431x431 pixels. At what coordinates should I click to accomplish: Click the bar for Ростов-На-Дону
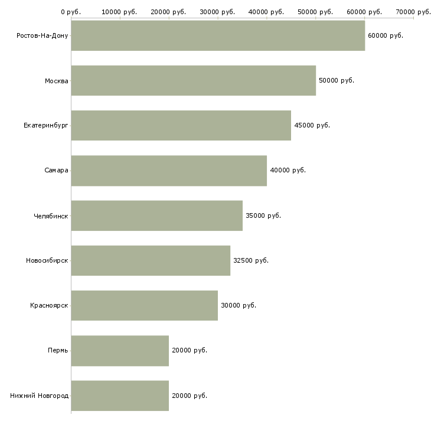click(218, 35)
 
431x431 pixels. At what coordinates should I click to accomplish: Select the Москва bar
click(194, 80)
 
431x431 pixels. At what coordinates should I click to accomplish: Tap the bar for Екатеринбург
click(181, 125)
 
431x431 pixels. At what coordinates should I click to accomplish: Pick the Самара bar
click(169, 171)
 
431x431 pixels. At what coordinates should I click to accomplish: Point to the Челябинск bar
click(157, 215)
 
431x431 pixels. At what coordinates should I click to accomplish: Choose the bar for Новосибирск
click(151, 260)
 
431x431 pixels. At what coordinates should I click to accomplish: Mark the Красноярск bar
click(145, 305)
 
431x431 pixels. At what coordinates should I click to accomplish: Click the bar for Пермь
click(120, 351)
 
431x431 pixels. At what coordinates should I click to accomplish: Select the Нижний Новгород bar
click(120, 396)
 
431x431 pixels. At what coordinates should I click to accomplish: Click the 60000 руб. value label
click(385, 35)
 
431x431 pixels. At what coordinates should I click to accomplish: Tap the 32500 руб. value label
click(251, 260)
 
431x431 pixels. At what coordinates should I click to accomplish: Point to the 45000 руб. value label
click(312, 125)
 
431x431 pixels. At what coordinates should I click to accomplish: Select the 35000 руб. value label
click(263, 215)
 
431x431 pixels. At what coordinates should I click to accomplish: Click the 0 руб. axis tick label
click(71, 11)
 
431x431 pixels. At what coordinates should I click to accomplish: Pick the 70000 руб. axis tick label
click(413, 11)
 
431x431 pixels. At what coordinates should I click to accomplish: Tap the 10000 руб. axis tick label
click(119, 11)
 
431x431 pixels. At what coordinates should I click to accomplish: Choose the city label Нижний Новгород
click(40, 396)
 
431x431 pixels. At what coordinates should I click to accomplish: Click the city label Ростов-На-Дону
click(43, 35)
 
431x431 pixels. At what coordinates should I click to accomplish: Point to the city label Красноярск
click(49, 305)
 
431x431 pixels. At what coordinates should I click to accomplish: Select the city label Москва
click(57, 80)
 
